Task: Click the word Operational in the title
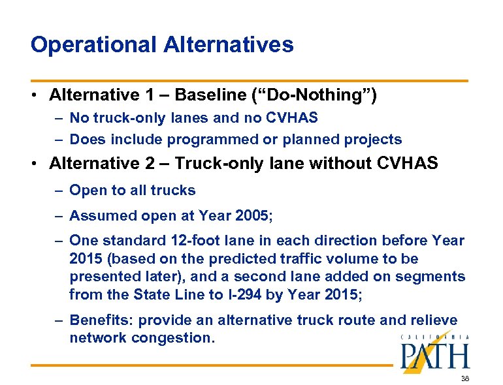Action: (92, 44)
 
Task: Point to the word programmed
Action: (205, 140)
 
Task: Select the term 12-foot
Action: (212, 241)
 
